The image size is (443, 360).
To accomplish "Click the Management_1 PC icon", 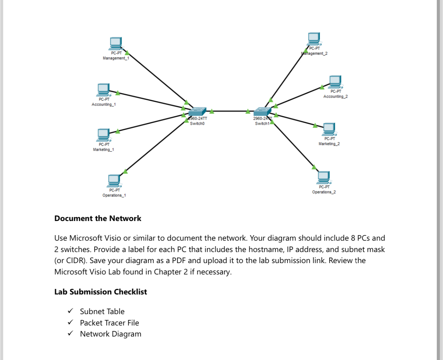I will click(116, 43).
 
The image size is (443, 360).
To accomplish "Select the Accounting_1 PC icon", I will click(104, 90).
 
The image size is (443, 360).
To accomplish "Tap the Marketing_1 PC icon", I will click(104, 135).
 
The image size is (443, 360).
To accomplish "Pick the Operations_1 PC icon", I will click(114, 180).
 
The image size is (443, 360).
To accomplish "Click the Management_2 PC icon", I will click(314, 39).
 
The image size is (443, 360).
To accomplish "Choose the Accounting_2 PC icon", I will click(335, 82).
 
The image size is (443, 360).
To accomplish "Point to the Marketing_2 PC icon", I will click(329, 129).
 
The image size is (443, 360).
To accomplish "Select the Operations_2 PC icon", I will click(324, 177).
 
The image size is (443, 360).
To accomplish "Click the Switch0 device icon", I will click(197, 112).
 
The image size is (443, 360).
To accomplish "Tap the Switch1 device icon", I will click(262, 112).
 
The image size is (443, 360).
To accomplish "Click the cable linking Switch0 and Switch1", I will click(229, 111).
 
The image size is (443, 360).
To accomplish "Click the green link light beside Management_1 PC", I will click(127, 53).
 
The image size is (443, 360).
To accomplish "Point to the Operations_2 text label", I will click(324, 192).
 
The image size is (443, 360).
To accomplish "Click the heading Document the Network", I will click(98, 218).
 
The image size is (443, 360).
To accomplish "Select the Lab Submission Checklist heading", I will click(100, 292).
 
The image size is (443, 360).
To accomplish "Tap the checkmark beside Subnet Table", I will click(70, 311).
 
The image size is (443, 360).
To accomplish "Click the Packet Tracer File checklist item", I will click(109, 323).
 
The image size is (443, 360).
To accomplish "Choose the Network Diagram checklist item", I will click(110, 334).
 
